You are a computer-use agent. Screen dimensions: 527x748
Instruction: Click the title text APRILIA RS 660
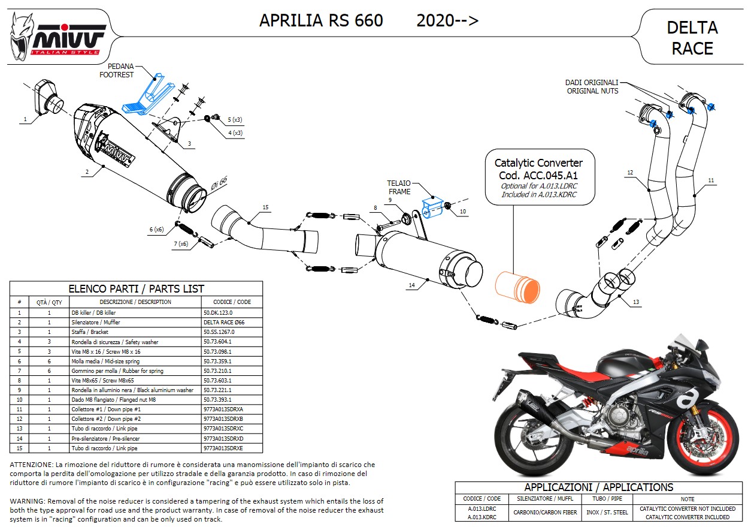(321, 20)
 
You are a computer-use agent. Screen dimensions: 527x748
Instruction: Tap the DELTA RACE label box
(692, 37)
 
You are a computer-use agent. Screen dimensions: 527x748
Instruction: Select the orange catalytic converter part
(516, 287)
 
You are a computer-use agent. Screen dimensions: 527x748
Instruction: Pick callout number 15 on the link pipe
(265, 208)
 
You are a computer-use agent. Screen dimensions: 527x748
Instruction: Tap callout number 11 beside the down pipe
(711, 180)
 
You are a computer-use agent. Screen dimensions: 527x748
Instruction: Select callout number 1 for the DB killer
(25, 120)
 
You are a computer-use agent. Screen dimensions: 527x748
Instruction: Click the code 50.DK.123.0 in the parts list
(219, 312)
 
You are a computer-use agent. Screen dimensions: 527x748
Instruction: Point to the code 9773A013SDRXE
(223, 448)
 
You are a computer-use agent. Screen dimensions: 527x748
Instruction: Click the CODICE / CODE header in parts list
(232, 302)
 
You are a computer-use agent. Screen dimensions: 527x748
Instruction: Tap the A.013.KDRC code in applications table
(481, 517)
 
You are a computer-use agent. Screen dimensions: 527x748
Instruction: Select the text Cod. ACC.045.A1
(538, 176)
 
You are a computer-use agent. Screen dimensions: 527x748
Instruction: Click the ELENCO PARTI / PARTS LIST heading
(136, 288)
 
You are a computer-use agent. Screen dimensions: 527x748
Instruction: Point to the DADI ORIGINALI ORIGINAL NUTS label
(592, 87)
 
